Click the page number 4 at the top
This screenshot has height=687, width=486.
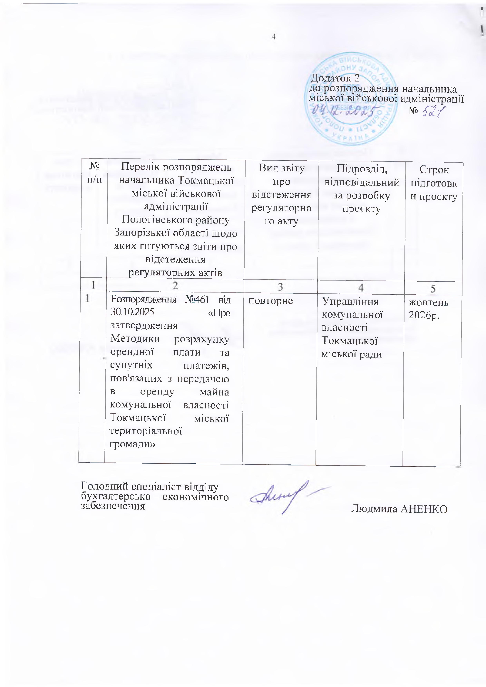pyautogui.click(x=273, y=37)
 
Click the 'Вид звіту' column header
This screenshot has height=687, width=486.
pyautogui.click(x=281, y=195)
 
